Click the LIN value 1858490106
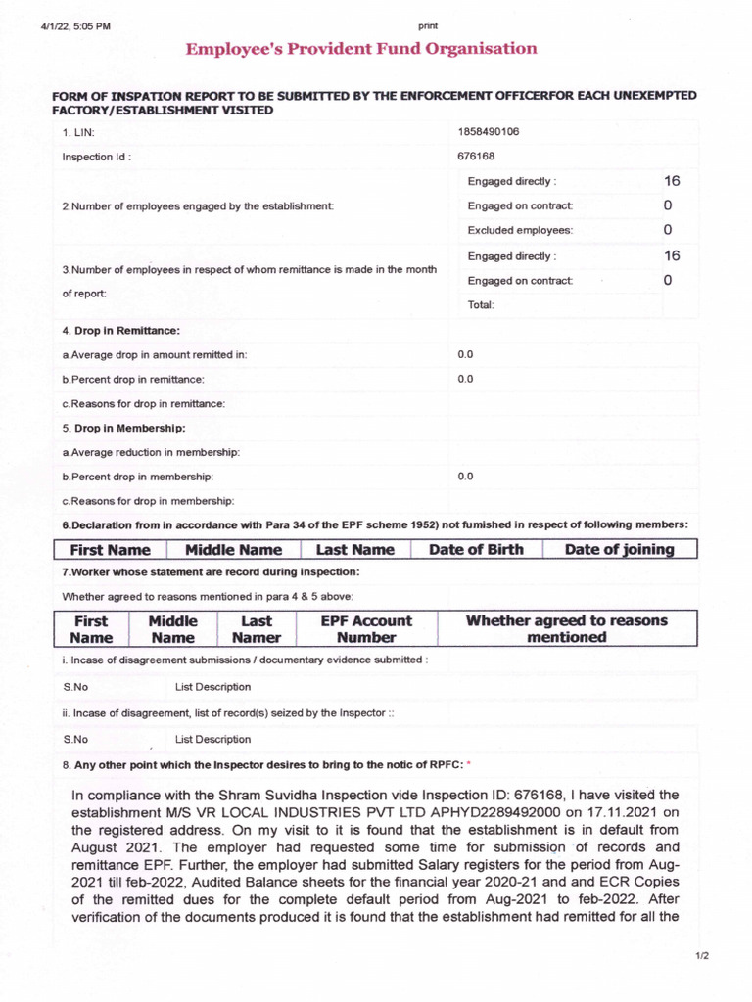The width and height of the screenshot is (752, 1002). pos(489,132)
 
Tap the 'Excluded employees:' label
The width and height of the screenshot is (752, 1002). pos(520,231)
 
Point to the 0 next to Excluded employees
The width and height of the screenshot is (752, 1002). pos(668,230)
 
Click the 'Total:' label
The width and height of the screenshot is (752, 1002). pos(481,305)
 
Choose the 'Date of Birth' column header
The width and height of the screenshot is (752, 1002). pos(476,550)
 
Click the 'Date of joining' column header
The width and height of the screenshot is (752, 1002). pos(620,550)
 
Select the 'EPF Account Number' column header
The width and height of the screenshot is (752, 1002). pos(366,629)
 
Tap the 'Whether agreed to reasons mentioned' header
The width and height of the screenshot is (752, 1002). pos(566,629)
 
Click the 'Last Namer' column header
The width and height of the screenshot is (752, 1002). pos(257,629)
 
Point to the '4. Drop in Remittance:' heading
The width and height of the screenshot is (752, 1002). pos(121,332)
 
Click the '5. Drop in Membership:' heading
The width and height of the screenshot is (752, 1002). pos(123,428)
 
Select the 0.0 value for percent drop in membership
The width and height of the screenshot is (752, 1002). pos(466,477)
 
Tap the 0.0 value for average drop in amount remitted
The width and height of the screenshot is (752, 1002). pos(466,354)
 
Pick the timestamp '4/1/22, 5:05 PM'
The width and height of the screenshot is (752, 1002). pos(75,26)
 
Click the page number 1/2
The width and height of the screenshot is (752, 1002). pos(702,955)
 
